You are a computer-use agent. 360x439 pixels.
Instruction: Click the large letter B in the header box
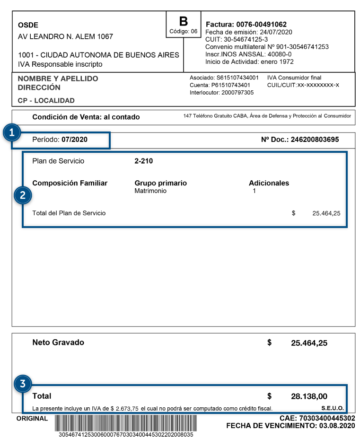184,21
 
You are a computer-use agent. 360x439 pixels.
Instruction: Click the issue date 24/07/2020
276,32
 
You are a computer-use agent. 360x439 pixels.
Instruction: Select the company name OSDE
28,25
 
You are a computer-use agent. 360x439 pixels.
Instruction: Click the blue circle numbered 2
23,195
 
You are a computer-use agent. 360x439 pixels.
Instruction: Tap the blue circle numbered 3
22,384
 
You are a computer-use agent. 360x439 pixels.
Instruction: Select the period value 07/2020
74,140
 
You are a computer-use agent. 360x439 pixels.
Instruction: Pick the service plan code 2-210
144,161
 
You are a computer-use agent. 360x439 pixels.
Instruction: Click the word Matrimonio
150,191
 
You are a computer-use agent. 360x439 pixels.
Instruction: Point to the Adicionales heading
269,183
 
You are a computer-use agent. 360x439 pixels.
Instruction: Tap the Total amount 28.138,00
309,396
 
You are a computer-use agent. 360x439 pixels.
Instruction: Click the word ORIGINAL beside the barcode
32,418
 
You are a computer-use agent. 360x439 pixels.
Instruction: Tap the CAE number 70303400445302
327,418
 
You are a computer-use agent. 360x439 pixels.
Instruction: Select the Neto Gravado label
58,342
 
